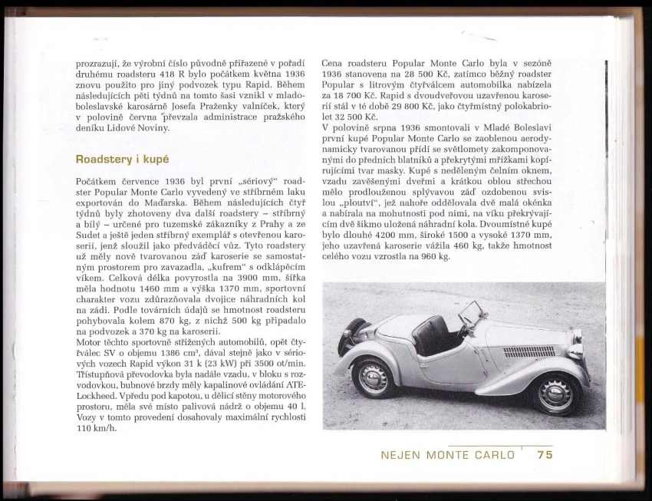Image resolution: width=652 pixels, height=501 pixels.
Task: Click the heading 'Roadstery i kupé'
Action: (x=122, y=160)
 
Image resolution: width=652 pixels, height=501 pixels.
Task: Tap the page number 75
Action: (x=545, y=454)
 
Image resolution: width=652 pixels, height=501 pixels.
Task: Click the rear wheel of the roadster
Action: (x=374, y=378)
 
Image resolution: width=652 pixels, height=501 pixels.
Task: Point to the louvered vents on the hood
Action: (x=529, y=351)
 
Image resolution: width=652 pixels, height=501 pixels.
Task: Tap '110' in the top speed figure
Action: (x=85, y=428)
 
